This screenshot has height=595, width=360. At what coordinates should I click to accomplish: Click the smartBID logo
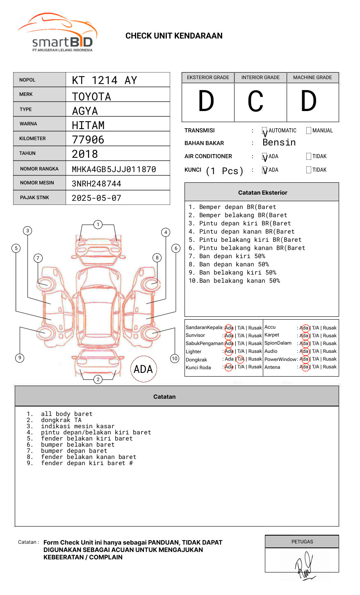coord(57,33)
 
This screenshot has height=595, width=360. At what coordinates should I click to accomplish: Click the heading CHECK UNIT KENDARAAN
coord(174,36)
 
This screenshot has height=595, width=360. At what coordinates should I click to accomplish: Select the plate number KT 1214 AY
coord(105,80)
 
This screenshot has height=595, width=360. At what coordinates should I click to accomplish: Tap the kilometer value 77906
coord(88,140)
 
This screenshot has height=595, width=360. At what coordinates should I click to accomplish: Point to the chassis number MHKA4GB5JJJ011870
coord(114,169)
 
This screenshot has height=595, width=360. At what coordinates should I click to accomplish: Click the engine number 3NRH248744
coord(96,184)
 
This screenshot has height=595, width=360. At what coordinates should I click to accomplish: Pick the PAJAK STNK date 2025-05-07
coord(96,198)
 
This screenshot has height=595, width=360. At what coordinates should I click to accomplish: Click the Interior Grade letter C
coord(255,101)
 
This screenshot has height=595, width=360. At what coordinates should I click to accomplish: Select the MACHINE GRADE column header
coord(312,77)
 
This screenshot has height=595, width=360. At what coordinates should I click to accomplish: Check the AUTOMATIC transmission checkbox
coord(265,131)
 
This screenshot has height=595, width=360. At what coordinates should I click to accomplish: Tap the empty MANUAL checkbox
coord(309,131)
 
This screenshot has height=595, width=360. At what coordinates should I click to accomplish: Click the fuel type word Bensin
coord(279,143)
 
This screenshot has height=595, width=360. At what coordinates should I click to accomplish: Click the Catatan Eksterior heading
coord(262,193)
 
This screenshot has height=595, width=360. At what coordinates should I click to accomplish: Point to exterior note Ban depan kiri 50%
coord(232,256)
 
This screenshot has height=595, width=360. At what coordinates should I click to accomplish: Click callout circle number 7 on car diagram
coord(38,258)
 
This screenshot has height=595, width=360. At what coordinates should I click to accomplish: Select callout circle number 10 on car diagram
coord(175,359)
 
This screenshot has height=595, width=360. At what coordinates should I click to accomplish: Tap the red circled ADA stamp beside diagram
coord(144,369)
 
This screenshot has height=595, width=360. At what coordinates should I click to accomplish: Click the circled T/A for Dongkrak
coord(240,359)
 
